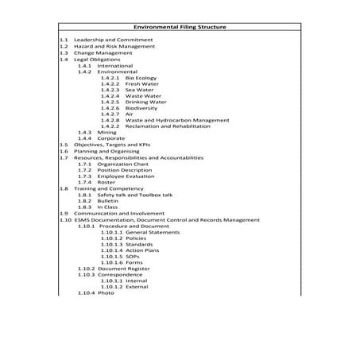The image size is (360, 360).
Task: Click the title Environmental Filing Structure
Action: (x=180, y=27)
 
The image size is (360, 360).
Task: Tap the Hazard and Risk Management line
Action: (x=114, y=46)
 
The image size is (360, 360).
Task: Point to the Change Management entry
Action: (x=103, y=53)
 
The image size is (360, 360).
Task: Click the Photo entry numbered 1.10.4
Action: (x=106, y=293)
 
